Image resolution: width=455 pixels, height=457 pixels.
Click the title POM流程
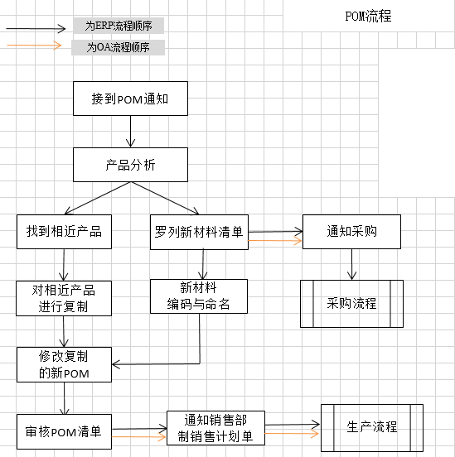(x=368, y=16)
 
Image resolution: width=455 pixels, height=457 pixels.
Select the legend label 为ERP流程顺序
(x=119, y=26)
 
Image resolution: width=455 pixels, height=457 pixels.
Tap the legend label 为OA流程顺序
(x=119, y=47)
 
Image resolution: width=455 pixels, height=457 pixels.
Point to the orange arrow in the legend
(x=34, y=46)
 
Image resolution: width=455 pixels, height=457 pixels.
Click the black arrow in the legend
(x=36, y=28)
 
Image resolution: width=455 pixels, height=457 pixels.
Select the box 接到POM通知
(x=130, y=99)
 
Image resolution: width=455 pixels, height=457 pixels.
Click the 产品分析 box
(x=130, y=165)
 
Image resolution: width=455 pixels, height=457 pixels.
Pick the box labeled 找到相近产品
(x=64, y=232)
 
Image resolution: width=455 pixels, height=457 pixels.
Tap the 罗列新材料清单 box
(x=199, y=232)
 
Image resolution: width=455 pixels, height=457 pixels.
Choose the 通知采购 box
(x=351, y=232)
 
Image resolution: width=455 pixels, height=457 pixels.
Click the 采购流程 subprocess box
(x=351, y=304)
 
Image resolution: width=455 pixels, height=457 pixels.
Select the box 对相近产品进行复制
(x=64, y=298)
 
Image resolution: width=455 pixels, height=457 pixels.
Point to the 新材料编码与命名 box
(x=199, y=296)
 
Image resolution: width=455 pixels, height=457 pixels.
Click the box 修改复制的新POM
(x=64, y=364)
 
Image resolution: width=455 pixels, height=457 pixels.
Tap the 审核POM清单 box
(x=64, y=431)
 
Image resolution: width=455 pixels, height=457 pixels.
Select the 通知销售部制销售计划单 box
(x=215, y=428)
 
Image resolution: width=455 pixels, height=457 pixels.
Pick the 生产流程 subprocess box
(x=372, y=428)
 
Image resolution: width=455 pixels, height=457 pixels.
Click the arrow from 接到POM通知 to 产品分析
(x=130, y=132)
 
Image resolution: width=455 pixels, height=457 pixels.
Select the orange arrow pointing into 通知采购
(x=275, y=241)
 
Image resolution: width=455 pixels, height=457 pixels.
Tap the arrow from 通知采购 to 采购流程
(x=351, y=264)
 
